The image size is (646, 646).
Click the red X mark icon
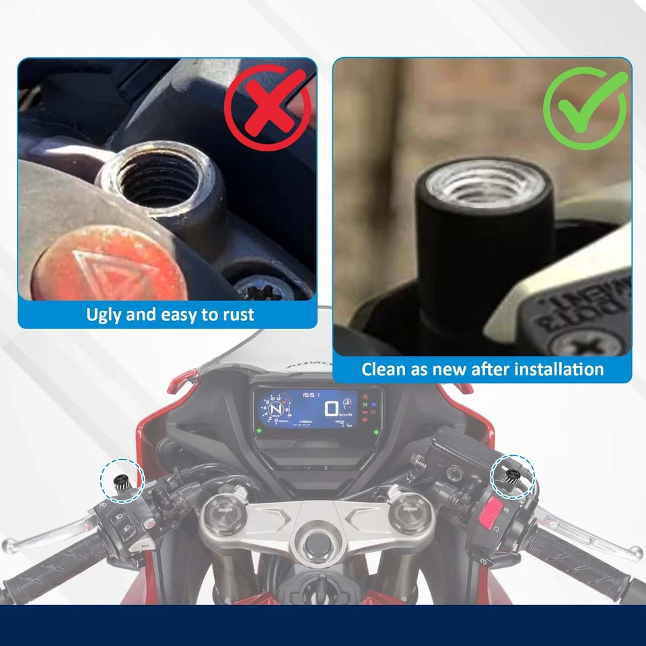click(x=268, y=108)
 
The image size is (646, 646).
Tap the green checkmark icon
click(x=585, y=108)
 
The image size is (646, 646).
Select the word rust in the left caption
click(x=236, y=314)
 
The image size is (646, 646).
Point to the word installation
click(x=557, y=369)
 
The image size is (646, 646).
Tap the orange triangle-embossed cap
click(x=112, y=262)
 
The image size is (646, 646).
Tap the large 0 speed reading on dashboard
click(x=332, y=408)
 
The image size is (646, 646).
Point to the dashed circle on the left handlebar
click(x=122, y=479)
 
